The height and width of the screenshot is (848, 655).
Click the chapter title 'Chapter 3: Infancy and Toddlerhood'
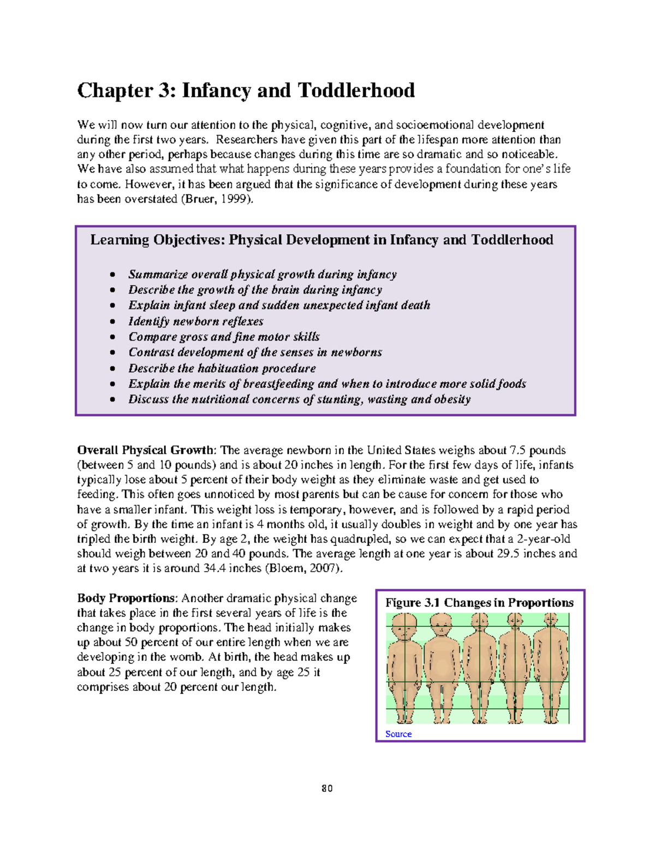pyautogui.click(x=246, y=91)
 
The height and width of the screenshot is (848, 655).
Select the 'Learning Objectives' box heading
pyautogui.click(x=321, y=240)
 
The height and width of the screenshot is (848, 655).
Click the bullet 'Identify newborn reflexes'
pyautogui.click(x=196, y=321)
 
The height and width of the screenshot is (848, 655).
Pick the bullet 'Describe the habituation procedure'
pyautogui.click(x=222, y=368)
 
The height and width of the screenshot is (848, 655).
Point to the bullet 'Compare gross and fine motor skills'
pyautogui.click(x=224, y=337)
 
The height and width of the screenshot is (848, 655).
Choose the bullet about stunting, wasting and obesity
pyautogui.click(x=299, y=399)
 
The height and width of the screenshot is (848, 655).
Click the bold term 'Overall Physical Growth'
pyautogui.click(x=146, y=450)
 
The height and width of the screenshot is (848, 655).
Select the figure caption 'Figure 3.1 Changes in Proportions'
pyautogui.click(x=479, y=603)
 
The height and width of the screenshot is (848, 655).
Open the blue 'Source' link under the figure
pyautogui.click(x=398, y=734)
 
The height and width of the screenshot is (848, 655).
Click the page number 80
pyautogui.click(x=327, y=788)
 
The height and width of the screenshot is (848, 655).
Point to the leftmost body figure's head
pyautogui.click(x=404, y=627)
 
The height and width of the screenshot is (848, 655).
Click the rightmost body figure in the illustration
pyautogui.click(x=551, y=666)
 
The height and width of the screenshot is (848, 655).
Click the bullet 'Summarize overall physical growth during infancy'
pyautogui.click(x=263, y=274)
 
